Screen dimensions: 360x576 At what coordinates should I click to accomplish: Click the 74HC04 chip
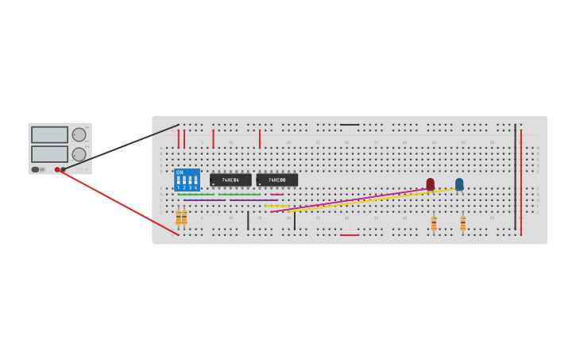pyautogui.click(x=230, y=180)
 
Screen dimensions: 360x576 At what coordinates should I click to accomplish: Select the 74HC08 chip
pyautogui.click(x=276, y=180)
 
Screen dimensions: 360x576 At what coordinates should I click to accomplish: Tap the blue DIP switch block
pyautogui.click(x=187, y=180)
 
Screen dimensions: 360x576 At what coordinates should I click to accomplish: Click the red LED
pyautogui.click(x=431, y=184)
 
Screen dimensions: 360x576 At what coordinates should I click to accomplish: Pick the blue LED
pyautogui.click(x=459, y=184)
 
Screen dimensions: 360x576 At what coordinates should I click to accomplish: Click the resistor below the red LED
pyautogui.click(x=434, y=223)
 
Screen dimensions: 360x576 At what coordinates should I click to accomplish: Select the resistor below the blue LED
pyautogui.click(x=463, y=223)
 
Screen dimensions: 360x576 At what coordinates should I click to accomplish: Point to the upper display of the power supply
pyautogui.click(x=49, y=135)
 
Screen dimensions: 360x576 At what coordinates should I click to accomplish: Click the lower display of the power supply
pyautogui.click(x=49, y=153)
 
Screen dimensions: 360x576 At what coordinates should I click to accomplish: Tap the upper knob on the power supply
pyautogui.click(x=79, y=134)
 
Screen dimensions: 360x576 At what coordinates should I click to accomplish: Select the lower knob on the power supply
pyautogui.click(x=79, y=154)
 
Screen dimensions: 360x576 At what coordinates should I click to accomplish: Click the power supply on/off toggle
pyautogui.click(x=35, y=169)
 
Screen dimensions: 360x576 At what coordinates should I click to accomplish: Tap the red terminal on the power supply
pyautogui.click(x=57, y=169)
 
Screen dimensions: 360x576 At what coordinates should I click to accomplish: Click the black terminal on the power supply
pyautogui.click(x=64, y=169)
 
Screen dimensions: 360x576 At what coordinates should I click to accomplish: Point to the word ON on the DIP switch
pyautogui.click(x=180, y=172)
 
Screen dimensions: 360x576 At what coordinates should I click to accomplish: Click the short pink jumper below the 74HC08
pyautogui.click(x=276, y=194)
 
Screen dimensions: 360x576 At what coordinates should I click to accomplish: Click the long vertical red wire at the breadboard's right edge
pyautogui.click(x=521, y=183)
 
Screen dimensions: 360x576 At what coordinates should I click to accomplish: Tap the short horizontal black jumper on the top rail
pyautogui.click(x=350, y=125)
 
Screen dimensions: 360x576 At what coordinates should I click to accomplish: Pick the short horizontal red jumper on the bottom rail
pyautogui.click(x=350, y=235)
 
